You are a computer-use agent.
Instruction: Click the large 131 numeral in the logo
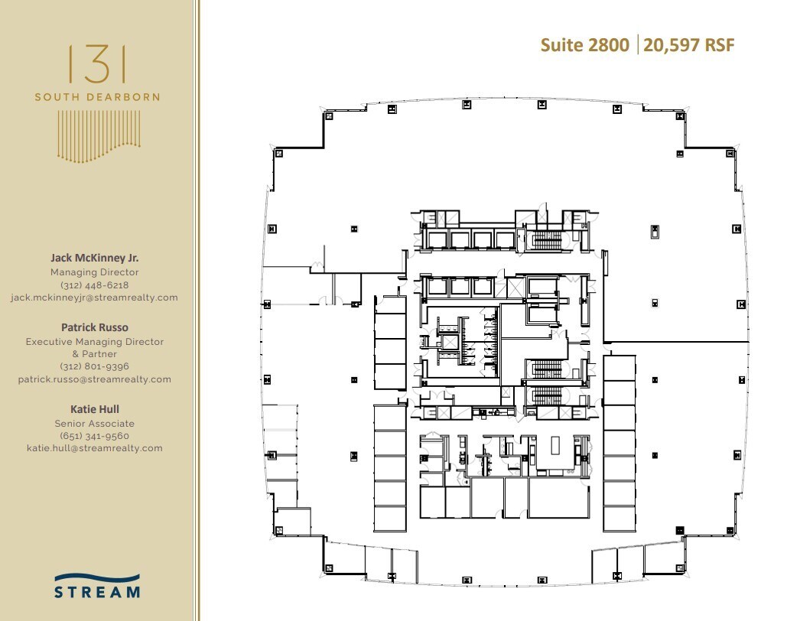click(97, 64)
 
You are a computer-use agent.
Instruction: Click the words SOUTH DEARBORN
click(97, 97)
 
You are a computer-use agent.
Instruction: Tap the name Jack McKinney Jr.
click(95, 258)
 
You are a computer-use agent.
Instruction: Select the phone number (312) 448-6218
click(95, 285)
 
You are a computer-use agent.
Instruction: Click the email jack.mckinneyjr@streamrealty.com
click(95, 297)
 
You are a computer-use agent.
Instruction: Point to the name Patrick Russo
click(95, 327)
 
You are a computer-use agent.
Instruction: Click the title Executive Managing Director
click(95, 342)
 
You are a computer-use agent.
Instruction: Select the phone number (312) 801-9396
click(95, 366)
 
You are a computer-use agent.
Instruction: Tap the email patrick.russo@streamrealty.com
click(95, 379)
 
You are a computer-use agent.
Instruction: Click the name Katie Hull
click(95, 409)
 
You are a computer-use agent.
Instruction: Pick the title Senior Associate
click(95, 424)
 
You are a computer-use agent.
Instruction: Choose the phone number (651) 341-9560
click(95, 436)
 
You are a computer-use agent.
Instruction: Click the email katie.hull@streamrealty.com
click(95, 448)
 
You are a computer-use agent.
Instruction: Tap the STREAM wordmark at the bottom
click(97, 591)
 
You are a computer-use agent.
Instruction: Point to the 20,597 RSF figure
click(688, 45)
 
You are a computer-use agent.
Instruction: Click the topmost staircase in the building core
click(547, 241)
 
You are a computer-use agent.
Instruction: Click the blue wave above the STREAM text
click(97, 578)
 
